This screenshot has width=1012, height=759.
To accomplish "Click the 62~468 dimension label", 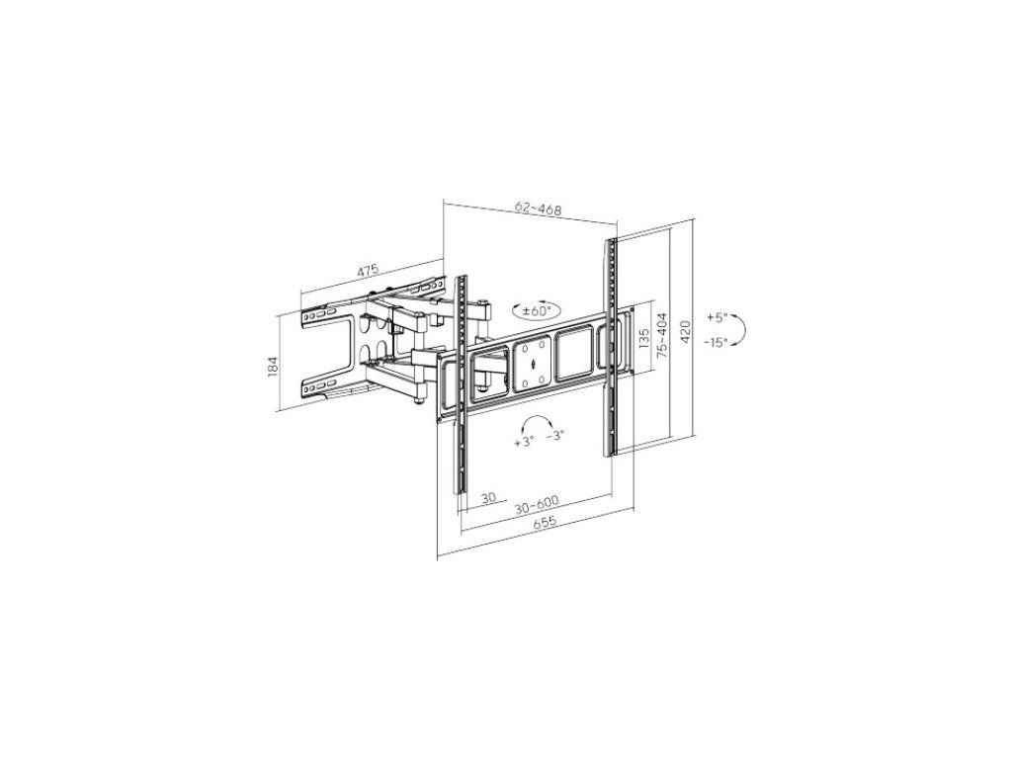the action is point(539,209).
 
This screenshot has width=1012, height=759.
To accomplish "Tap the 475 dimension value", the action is point(368,271).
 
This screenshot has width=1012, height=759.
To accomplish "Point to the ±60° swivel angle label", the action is point(537,310).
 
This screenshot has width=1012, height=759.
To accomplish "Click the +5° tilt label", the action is point(717,317).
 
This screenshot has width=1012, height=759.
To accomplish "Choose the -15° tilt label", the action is point(717,341).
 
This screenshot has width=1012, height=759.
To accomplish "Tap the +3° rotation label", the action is point(525,442).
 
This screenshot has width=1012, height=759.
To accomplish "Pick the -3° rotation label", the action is point(555,436).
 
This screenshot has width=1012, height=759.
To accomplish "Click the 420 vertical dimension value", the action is point(686,332).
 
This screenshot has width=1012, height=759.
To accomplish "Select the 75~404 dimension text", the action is point(661,332).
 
